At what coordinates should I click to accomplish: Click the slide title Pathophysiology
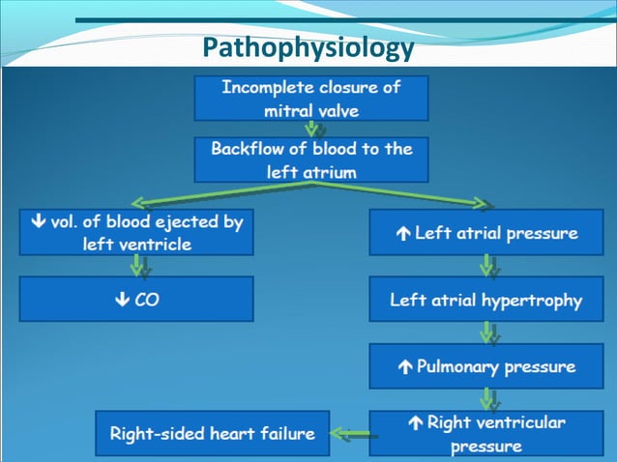point(308,47)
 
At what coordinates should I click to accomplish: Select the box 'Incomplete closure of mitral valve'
point(310,98)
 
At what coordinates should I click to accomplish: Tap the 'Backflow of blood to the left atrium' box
point(310,159)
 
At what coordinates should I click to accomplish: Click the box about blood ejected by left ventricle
point(136,232)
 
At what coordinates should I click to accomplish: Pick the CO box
point(136,300)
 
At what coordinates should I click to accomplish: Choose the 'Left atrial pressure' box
point(486,233)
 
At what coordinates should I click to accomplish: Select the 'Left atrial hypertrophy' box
point(486,300)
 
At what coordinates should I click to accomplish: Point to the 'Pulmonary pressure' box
point(486,366)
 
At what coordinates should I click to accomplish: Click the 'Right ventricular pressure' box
point(486,433)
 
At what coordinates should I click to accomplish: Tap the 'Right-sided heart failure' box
point(212,433)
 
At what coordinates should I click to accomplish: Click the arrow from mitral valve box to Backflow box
point(311,129)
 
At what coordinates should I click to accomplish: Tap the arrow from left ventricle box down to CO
point(137,266)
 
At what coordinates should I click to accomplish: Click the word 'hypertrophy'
point(535,301)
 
